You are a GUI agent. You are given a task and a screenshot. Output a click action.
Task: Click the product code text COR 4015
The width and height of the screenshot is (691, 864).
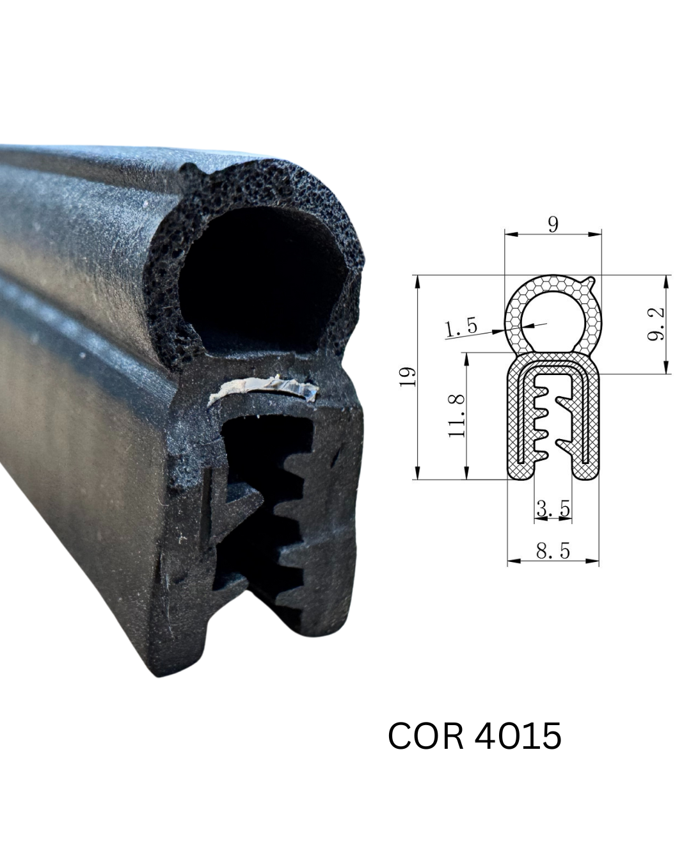pyautogui.click(x=474, y=735)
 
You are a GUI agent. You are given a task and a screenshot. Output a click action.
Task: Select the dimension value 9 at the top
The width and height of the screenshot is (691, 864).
pyautogui.click(x=553, y=225)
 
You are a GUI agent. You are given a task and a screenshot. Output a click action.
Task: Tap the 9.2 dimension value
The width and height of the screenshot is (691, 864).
pyautogui.click(x=656, y=324)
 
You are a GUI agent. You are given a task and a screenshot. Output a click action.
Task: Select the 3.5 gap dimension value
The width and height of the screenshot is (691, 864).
pyautogui.click(x=553, y=509)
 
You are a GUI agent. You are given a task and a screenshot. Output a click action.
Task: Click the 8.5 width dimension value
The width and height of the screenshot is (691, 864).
pyautogui.click(x=553, y=551)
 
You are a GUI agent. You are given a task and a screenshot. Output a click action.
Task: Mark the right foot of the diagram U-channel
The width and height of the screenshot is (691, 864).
pyautogui.click(x=585, y=471)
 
